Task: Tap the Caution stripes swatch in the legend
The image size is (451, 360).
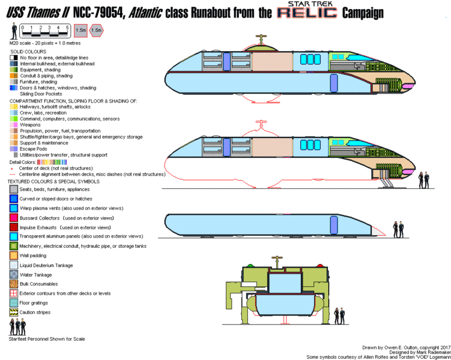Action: tap(13, 313)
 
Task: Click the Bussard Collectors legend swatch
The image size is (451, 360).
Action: tap(13, 218)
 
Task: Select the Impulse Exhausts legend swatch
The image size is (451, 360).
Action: tap(13, 227)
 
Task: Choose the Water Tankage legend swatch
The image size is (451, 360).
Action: tap(13, 275)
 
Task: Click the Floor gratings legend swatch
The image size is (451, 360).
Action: tap(13, 303)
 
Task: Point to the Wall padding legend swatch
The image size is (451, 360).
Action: tap(13, 256)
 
